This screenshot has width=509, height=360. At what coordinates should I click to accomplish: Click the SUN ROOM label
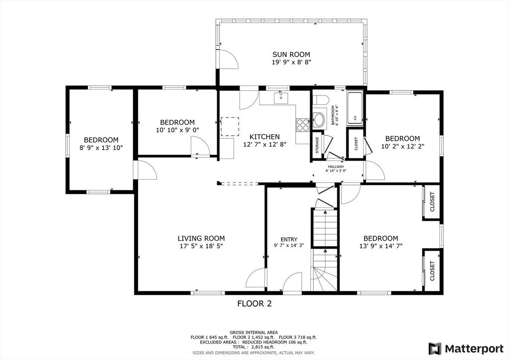click(291, 55)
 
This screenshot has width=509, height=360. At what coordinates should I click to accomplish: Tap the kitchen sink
click(281, 98)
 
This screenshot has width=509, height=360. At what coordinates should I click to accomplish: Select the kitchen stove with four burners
click(303, 125)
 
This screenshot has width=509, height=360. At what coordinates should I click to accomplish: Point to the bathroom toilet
click(320, 99)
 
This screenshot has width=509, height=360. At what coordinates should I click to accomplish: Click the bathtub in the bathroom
click(354, 108)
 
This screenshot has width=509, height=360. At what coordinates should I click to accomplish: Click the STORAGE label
click(317, 145)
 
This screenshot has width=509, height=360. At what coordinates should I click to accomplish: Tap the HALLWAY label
click(336, 167)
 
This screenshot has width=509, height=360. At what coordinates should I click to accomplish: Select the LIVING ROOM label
click(201, 238)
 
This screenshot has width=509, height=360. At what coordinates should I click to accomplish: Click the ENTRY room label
click(289, 240)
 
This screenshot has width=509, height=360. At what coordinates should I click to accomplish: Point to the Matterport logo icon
click(435, 349)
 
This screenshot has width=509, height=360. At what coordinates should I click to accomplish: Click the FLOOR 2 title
click(254, 303)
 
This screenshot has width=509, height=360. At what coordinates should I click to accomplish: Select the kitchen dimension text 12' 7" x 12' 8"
click(265, 145)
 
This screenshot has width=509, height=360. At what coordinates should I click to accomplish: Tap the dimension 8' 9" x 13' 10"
click(101, 148)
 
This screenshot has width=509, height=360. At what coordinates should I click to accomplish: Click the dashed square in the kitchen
click(230, 127)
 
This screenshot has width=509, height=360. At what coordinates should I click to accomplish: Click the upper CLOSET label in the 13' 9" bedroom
click(432, 202)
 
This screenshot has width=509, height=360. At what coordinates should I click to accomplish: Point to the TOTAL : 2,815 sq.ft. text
click(254, 347)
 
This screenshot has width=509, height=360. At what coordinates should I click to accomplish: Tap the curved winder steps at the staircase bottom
click(325, 279)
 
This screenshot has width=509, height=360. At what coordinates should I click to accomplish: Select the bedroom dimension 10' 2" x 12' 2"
click(403, 146)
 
